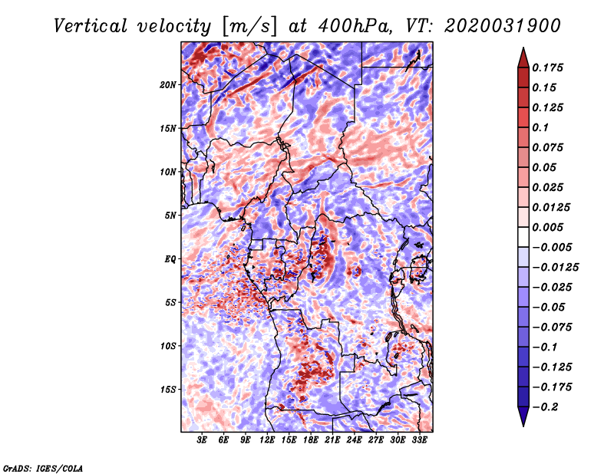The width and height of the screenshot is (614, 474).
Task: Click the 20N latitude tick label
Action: click(168, 85)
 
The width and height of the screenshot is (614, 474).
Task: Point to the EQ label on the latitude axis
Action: click(170, 259)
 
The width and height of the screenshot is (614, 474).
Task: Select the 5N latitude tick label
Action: click(170, 216)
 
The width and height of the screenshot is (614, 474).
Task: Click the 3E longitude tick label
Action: click(202, 440)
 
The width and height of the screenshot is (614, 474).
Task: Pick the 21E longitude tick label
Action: click(332, 440)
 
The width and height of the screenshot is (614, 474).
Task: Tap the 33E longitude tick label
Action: click(419, 440)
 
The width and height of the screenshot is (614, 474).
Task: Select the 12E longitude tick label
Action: click(267, 440)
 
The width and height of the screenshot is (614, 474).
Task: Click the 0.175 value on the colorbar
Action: click(547, 67)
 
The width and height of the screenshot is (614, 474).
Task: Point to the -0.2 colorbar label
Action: click(545, 407)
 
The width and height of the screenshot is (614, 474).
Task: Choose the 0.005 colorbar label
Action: click(547, 227)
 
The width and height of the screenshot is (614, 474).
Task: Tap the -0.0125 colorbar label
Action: click(555, 268)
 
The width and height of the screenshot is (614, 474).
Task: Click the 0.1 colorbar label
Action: click(540, 127)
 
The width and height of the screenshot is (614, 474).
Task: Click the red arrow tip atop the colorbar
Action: click(523, 48)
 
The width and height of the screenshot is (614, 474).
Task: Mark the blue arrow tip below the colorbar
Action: click(523, 426)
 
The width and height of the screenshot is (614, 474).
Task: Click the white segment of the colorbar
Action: click(523, 237)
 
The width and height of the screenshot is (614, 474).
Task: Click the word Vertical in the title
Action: click(91, 26)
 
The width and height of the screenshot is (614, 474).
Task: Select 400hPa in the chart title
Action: click(355, 26)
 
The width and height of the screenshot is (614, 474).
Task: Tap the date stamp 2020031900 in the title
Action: click(503, 26)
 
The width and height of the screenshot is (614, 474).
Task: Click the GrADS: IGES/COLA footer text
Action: click(43, 468)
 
